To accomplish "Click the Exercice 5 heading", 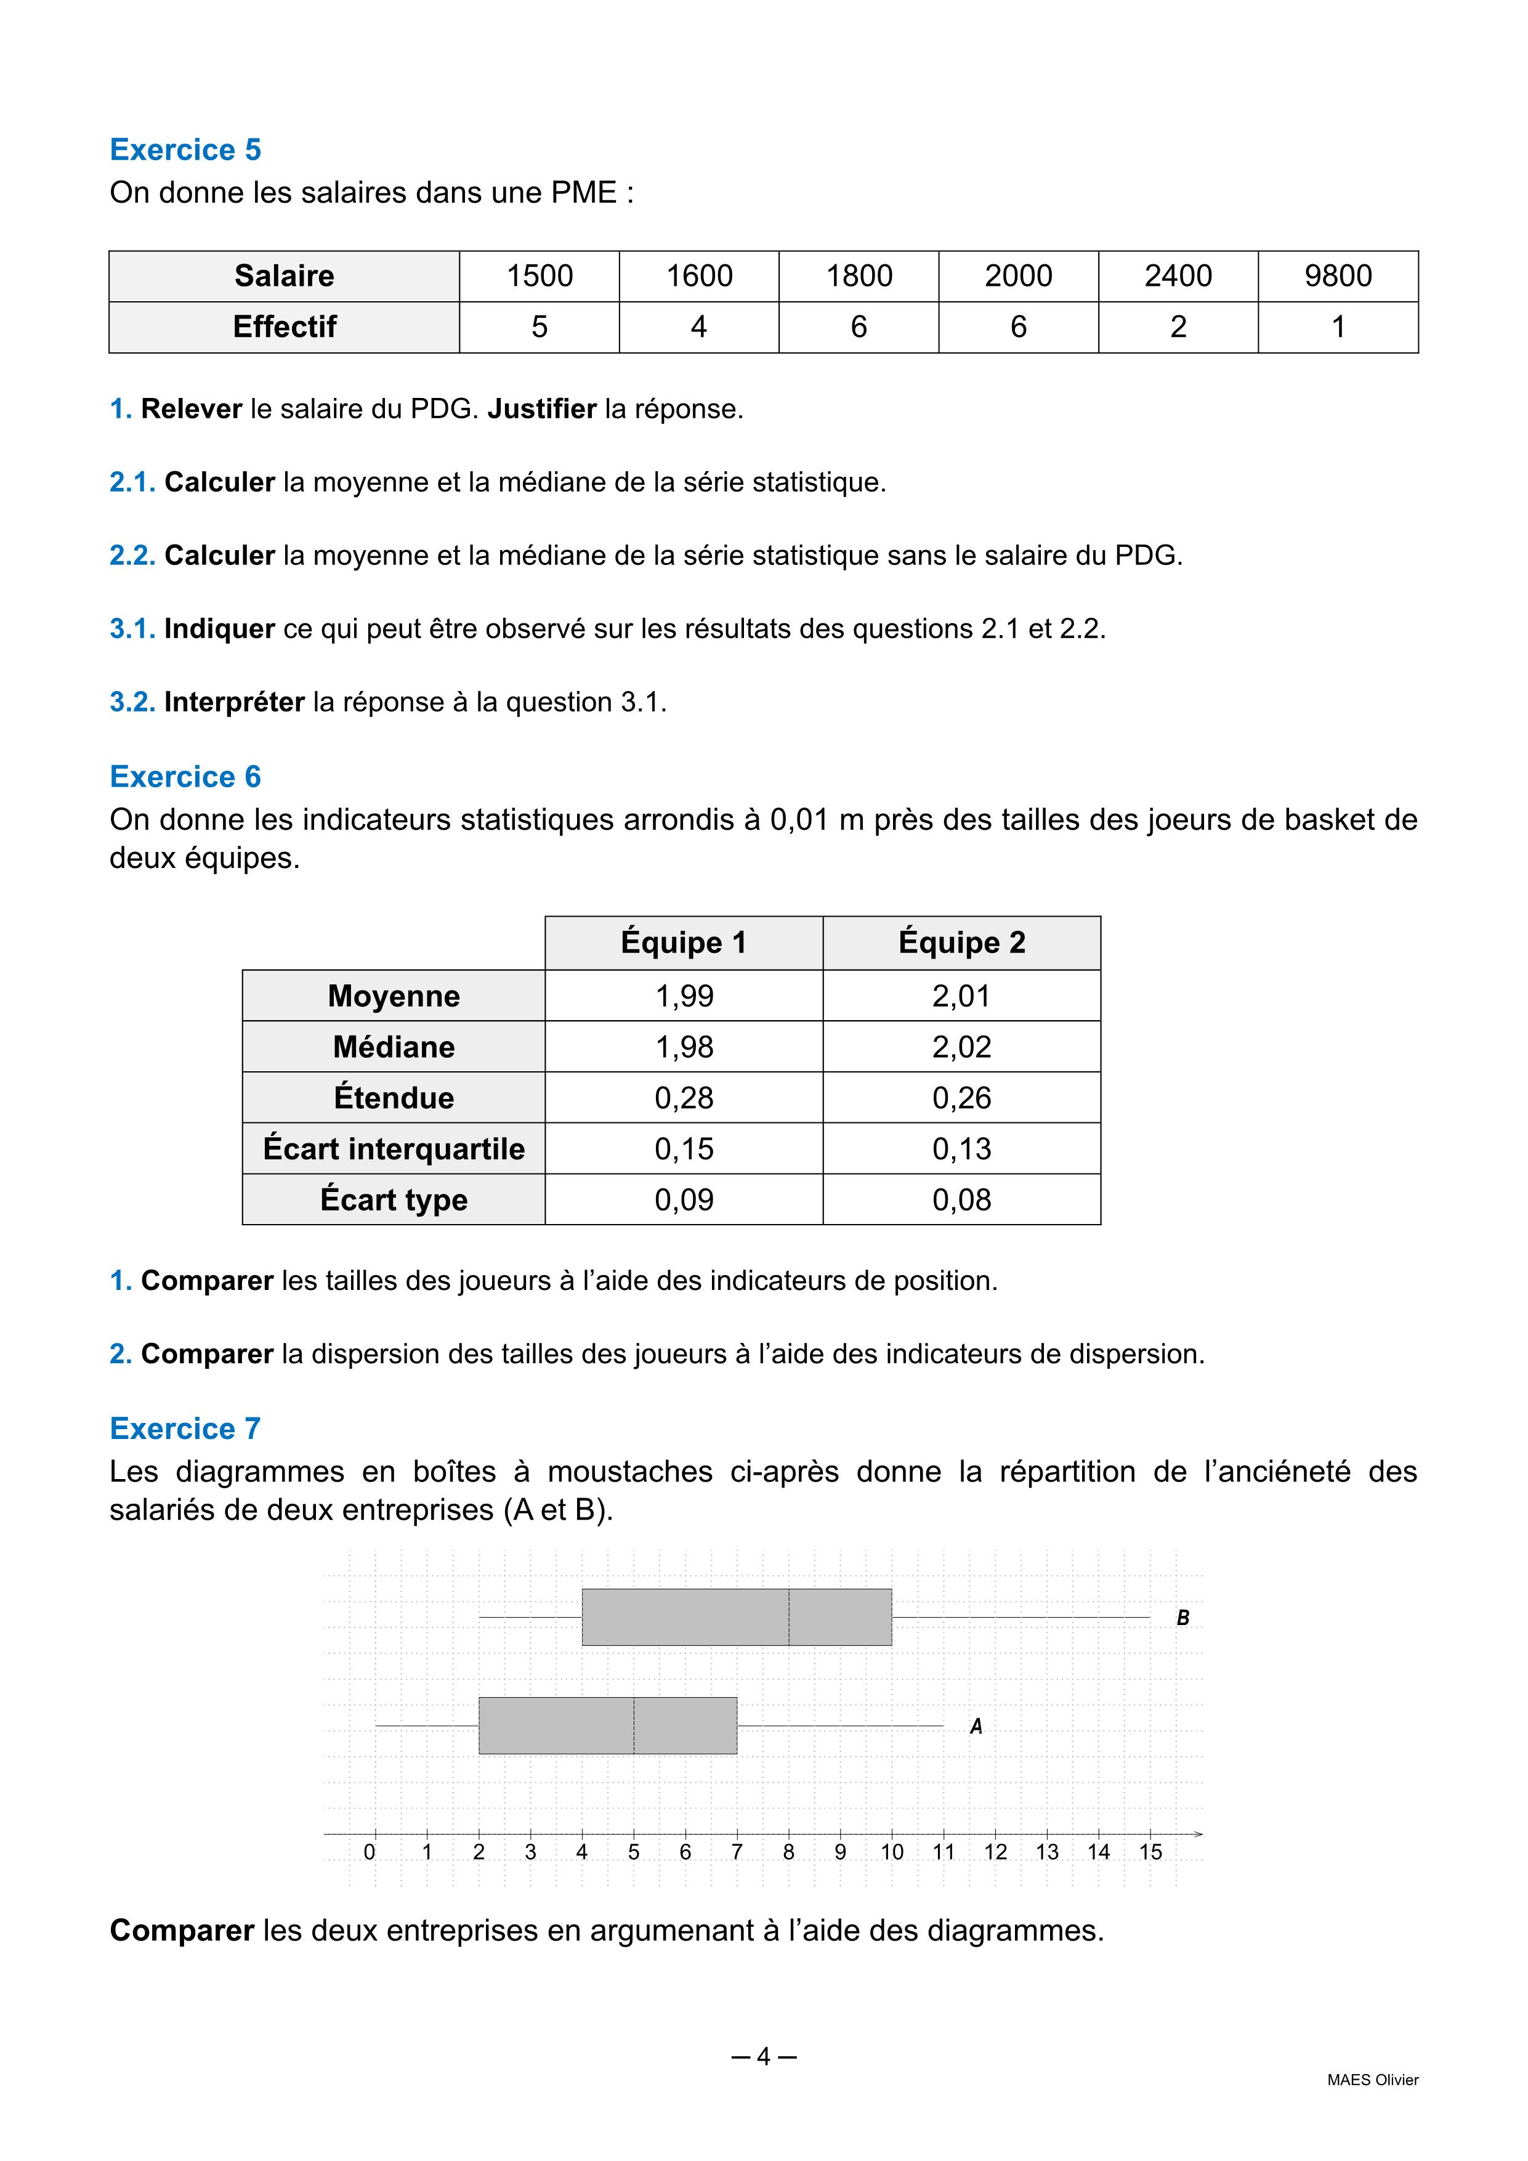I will (x=185, y=150).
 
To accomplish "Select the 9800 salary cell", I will (x=1337, y=276).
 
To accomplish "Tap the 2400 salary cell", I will (x=1178, y=276).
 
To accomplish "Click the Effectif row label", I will (x=284, y=326).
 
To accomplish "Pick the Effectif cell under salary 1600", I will (x=698, y=326).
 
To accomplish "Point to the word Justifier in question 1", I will (x=542, y=408).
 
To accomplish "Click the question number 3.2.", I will (x=132, y=702).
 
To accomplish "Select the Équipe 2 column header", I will (x=961, y=942).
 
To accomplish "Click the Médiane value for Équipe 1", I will (x=684, y=1047).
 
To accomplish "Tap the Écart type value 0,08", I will (x=961, y=1199).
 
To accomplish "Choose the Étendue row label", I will (x=394, y=1098).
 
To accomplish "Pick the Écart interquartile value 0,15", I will (x=684, y=1148).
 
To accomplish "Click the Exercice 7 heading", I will (x=185, y=1429).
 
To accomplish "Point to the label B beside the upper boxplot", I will (x=1182, y=1618).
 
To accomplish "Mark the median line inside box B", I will (x=788, y=1617).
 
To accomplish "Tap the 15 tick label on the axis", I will (x=1150, y=1852).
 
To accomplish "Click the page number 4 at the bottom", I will (x=763, y=2056).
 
